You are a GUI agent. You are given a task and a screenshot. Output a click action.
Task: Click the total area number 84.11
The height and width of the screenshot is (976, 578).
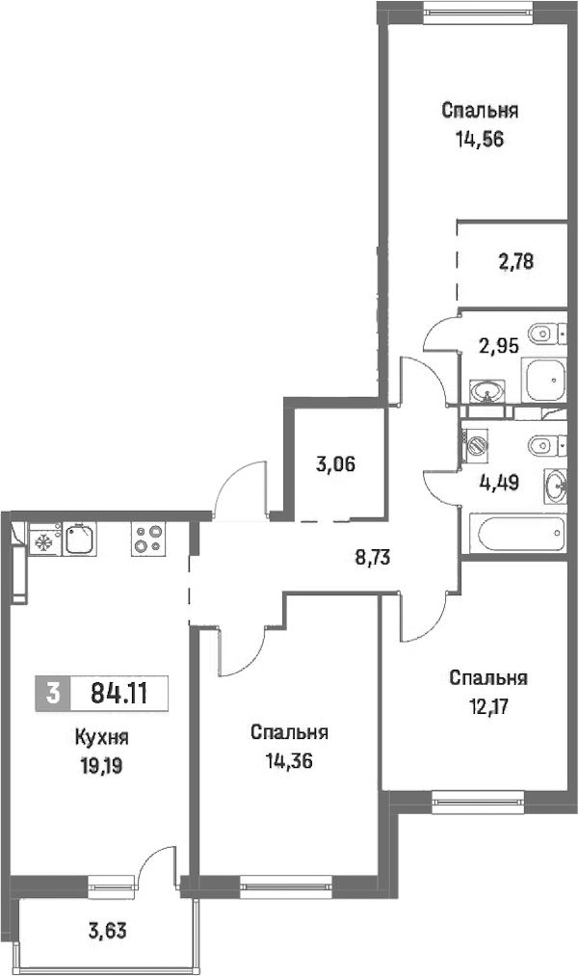(x=119, y=692)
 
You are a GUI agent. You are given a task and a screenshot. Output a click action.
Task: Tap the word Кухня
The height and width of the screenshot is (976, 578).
(x=101, y=738)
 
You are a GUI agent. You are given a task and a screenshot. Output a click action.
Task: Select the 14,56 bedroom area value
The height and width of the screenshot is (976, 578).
(x=480, y=140)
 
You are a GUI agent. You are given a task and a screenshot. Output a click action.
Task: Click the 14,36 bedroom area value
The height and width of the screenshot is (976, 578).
(x=289, y=760)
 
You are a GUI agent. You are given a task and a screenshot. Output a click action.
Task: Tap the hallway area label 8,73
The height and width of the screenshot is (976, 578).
(x=372, y=558)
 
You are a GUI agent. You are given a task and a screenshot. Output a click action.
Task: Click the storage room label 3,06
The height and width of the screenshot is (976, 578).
(x=336, y=463)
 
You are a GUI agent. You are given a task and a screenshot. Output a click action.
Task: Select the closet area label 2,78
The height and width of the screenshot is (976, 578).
(x=515, y=261)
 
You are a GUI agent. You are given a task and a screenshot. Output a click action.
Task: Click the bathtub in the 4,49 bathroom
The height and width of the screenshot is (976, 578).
(x=517, y=533)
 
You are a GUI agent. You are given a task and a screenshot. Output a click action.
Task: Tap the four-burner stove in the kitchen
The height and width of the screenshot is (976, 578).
(x=148, y=539)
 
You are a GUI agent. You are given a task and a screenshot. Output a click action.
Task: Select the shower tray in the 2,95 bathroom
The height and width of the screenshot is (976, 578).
(x=546, y=380)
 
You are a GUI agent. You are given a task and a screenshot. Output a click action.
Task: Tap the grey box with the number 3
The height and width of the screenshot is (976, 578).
(x=54, y=692)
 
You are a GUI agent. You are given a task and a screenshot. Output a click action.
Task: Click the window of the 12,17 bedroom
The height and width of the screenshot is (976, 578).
(x=478, y=801)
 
